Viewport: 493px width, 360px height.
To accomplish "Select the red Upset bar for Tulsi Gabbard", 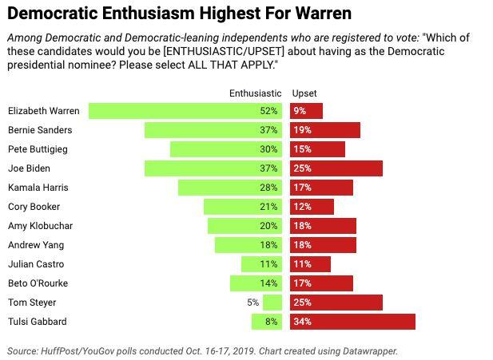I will coord(352,322).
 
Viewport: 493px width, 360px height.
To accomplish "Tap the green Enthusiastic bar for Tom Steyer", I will coord(272,303).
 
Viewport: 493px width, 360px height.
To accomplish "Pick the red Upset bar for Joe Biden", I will coord(336,168).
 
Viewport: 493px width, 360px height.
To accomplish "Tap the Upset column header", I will coord(304,93).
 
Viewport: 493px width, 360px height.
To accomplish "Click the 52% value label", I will coord(268,111).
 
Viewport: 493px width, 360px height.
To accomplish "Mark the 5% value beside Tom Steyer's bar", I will coord(252,303).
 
